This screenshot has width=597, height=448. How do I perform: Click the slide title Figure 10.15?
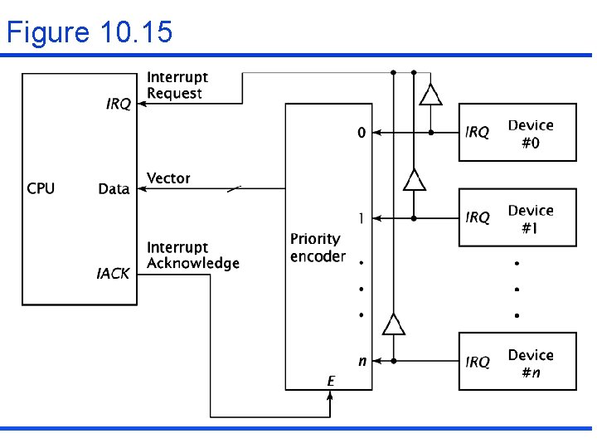(90, 32)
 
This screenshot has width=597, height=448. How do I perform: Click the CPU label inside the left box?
(41, 188)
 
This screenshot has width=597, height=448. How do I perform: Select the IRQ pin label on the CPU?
(118, 104)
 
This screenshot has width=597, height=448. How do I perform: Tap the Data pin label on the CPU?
(114, 189)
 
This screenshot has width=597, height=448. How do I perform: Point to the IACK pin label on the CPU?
(113, 273)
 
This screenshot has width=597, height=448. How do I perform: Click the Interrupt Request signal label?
(177, 85)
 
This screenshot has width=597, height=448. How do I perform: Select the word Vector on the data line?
(168, 178)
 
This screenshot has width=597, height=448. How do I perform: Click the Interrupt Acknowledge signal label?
(192, 256)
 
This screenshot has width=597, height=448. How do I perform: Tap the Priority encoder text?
(318, 248)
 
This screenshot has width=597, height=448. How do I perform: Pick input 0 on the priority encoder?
(361, 133)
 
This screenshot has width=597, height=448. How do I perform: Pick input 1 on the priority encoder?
(361, 218)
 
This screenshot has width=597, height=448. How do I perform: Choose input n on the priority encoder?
(362, 362)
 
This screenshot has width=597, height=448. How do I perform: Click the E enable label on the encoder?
(331, 381)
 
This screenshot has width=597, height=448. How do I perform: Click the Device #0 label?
(531, 134)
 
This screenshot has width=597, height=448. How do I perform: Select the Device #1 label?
(531, 219)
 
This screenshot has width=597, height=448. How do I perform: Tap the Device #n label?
(531, 363)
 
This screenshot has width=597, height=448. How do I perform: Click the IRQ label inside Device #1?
(478, 217)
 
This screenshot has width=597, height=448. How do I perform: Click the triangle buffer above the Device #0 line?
(430, 95)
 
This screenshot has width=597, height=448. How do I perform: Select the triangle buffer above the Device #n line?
(394, 324)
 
